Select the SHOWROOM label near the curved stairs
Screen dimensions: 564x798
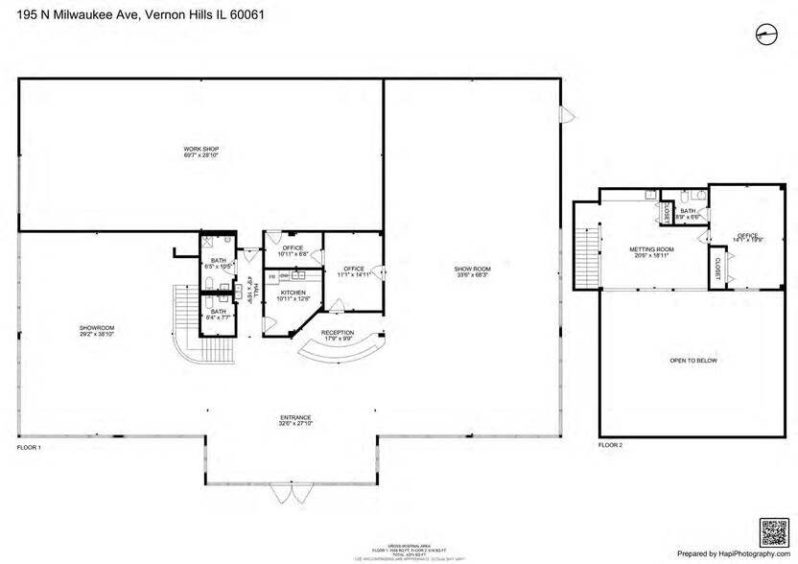tap(97, 330)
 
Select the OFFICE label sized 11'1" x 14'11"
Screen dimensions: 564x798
tap(353, 271)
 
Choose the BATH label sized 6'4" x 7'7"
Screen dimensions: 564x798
tap(219, 314)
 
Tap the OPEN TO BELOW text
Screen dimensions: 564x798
tap(692, 361)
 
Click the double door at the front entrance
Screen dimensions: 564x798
tap(292, 493)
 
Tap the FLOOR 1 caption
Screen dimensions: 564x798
tap(31, 448)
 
